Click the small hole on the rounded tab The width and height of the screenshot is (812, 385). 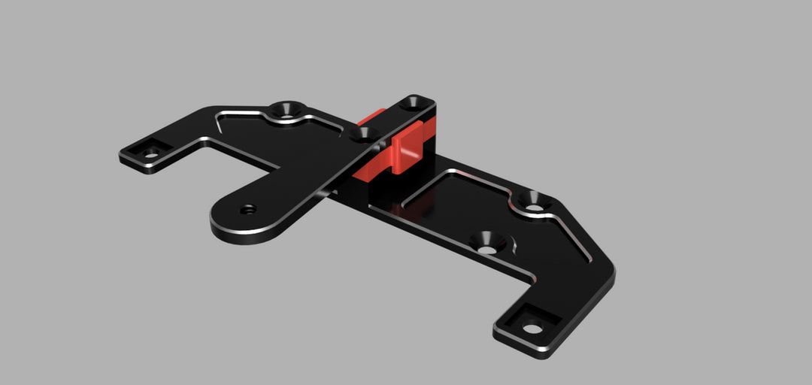coord(248,208)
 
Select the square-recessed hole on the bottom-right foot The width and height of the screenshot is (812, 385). coord(532,328)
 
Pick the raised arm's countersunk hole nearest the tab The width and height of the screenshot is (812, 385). coord(366,134)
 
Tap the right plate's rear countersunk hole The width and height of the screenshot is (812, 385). coord(532,201)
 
